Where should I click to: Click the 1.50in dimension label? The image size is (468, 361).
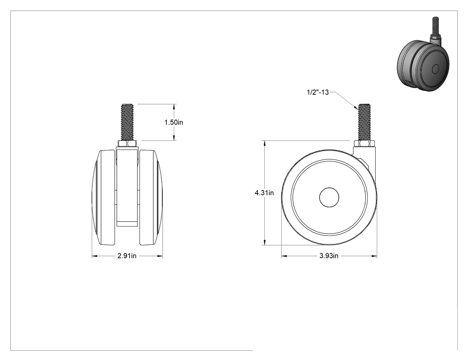174,122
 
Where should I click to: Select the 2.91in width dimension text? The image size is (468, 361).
127,256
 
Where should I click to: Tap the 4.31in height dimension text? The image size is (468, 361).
264,193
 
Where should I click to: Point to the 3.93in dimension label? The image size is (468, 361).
329,256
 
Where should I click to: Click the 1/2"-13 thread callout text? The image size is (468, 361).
318,92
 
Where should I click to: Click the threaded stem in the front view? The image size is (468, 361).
127,122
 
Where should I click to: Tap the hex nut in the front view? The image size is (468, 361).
127,144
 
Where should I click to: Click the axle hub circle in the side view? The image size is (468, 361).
329,197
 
